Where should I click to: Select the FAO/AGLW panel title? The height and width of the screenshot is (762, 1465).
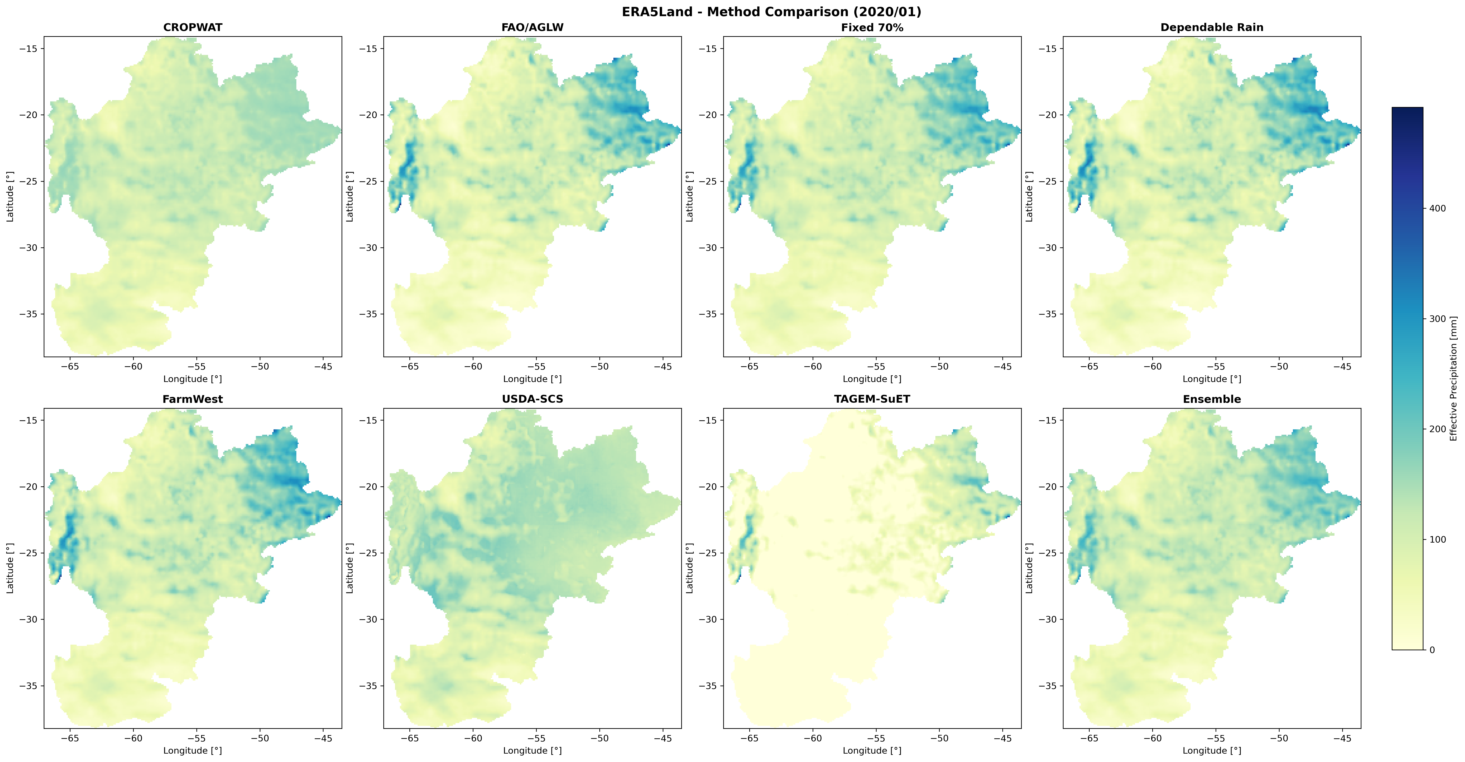(x=532, y=27)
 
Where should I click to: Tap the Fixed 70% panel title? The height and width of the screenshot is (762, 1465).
(x=872, y=27)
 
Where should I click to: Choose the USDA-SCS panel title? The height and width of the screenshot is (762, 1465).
(x=532, y=399)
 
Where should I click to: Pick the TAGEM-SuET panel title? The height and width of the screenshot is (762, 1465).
(x=872, y=399)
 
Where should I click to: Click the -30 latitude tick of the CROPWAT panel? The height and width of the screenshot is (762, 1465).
(x=28, y=248)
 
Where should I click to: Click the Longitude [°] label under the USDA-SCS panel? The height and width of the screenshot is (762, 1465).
(x=532, y=751)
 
